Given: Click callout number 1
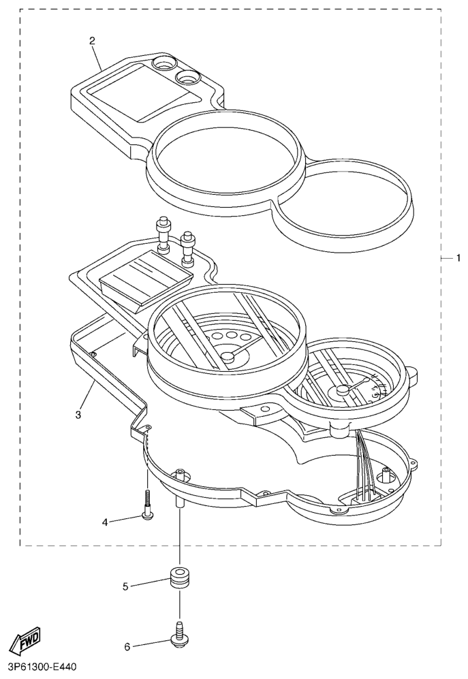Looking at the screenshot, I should click(458, 258).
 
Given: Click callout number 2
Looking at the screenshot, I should click(93, 40).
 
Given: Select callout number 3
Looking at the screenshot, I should click(78, 413).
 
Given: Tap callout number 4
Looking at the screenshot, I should click(106, 522).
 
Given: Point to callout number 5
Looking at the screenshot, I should click(126, 585).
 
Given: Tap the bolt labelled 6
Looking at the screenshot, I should click(180, 635).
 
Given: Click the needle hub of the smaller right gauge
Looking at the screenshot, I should click(340, 391).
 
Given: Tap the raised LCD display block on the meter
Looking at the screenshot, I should click(144, 278).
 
